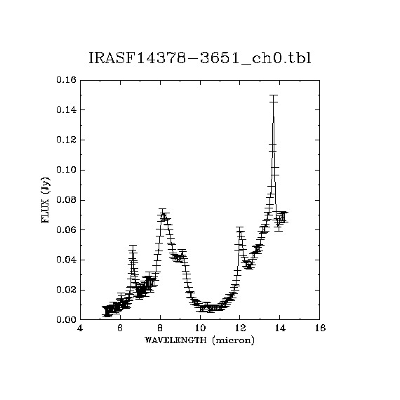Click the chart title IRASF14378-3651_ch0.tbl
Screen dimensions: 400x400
tap(200, 58)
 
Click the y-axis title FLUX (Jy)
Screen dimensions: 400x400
tap(45, 200)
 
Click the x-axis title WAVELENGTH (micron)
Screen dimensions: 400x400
tap(199, 340)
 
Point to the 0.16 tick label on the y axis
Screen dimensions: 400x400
tap(67, 80)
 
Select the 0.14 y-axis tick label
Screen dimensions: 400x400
tap(67, 110)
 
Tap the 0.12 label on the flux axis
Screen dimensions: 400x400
tap(67, 140)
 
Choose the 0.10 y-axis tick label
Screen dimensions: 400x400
tap(67, 170)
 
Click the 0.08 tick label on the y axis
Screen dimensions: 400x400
tap(67, 200)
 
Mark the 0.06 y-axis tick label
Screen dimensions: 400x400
tap(67, 230)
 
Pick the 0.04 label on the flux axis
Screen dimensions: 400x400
tap(67, 260)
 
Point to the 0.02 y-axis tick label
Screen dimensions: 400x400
tap(67, 290)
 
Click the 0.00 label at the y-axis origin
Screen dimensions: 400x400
tap(67, 319)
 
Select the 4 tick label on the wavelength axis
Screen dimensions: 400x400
tap(80, 328)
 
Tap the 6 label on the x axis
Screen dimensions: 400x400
tap(120, 328)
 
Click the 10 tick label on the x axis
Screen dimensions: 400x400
tap(200, 328)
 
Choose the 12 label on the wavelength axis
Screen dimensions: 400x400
tap(240, 328)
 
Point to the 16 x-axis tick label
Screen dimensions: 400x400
tap(320, 328)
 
